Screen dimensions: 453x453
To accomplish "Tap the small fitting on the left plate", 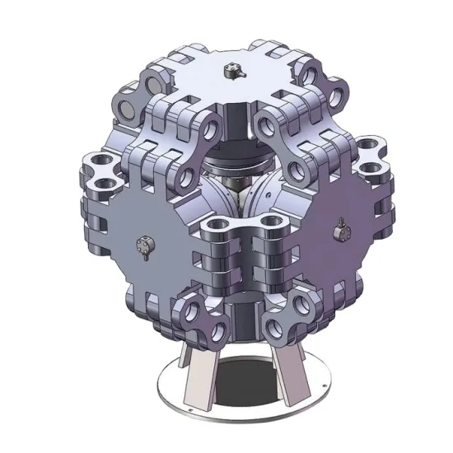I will coord(145,245).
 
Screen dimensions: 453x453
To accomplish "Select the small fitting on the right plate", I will coord(338,232).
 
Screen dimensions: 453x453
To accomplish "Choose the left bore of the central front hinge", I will coord(217,226).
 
